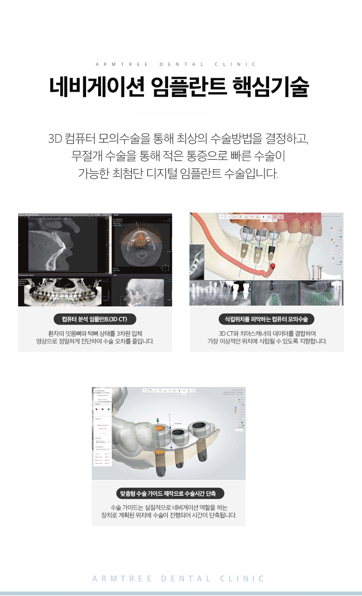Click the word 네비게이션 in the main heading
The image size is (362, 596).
(97, 87)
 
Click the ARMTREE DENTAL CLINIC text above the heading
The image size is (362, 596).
(176, 64)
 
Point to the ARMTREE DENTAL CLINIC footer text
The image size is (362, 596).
(179, 579)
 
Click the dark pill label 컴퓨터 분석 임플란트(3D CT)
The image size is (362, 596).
(95, 319)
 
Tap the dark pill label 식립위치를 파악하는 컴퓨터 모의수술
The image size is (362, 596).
(266, 319)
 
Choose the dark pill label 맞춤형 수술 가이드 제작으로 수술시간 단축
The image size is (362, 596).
(168, 493)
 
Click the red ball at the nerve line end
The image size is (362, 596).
(272, 266)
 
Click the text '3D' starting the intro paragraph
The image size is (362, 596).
(55, 139)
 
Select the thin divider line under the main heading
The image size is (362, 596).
(174, 114)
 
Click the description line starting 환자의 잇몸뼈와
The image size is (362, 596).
(95, 333)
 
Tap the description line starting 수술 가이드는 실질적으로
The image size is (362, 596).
(169, 507)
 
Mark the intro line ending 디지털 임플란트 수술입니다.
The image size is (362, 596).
(178, 174)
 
